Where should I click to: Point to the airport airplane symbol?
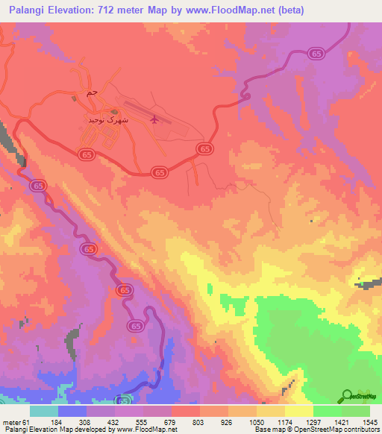154,119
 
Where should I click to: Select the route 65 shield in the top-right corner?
316,54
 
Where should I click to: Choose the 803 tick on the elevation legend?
198,421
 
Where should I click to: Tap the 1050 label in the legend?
254,421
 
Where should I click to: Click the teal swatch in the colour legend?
44,411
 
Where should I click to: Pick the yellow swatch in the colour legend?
298,411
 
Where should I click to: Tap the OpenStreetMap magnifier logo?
347,395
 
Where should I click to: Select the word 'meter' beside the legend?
11,421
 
